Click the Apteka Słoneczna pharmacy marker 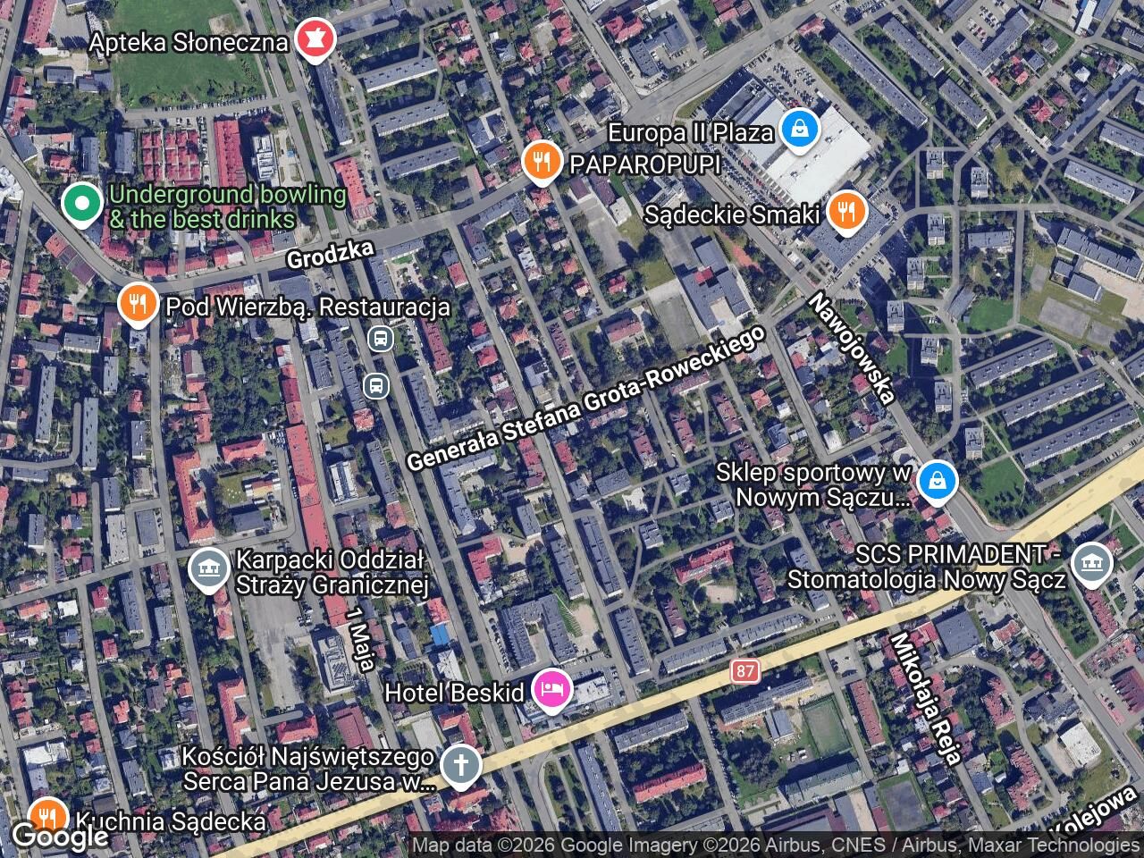[x=314, y=40]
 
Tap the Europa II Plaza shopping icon [x=799, y=130]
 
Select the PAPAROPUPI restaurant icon [x=540, y=163]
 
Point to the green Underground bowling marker [x=82, y=203]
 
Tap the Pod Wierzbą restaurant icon [x=137, y=304]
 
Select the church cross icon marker [x=461, y=766]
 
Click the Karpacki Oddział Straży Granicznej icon [x=209, y=569]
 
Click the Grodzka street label [x=330, y=254]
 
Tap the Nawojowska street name [x=853, y=348]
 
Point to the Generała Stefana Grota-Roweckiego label [x=586, y=399]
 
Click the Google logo [x=59, y=837]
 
